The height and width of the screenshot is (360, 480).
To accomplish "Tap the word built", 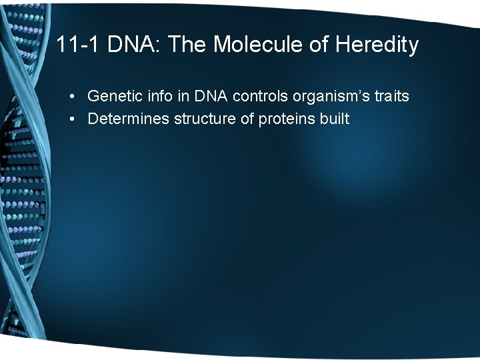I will pos(335,119).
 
